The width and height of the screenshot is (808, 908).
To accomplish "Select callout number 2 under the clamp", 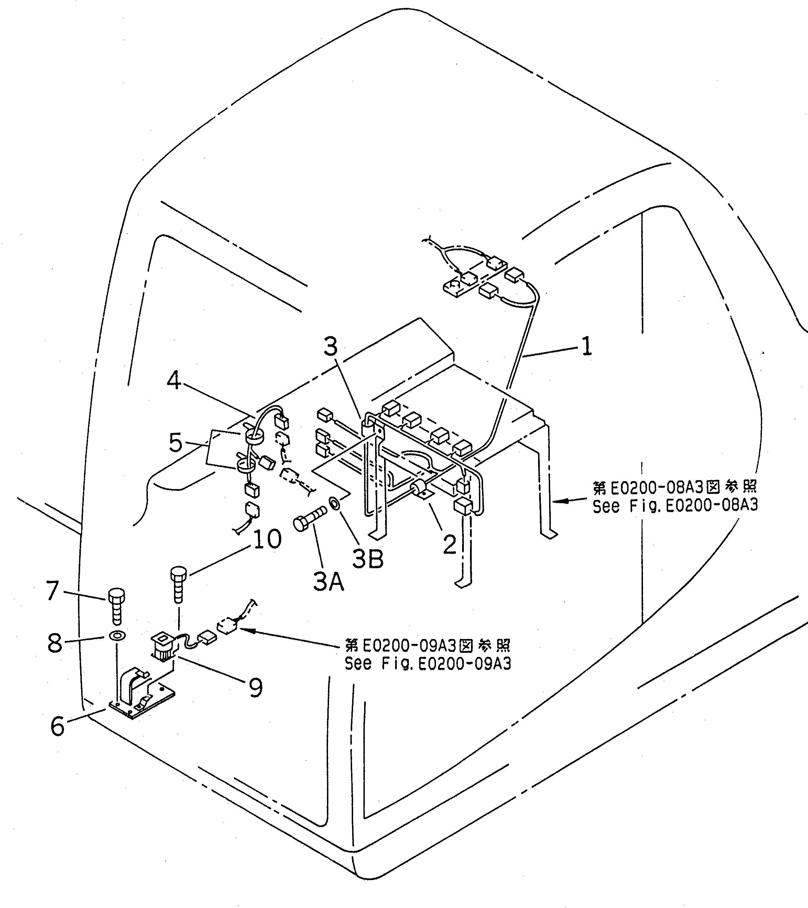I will (x=449, y=544).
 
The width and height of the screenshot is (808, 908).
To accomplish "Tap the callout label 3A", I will (x=328, y=582).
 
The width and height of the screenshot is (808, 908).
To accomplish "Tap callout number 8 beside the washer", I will (x=55, y=643).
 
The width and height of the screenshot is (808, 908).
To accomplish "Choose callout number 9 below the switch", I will (x=255, y=687).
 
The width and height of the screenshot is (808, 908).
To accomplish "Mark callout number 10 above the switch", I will (x=267, y=539).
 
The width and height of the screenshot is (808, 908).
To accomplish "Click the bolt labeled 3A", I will (x=309, y=520).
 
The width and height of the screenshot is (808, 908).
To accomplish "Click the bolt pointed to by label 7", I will (x=116, y=606).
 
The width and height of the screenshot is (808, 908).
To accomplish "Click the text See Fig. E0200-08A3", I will (x=675, y=506).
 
